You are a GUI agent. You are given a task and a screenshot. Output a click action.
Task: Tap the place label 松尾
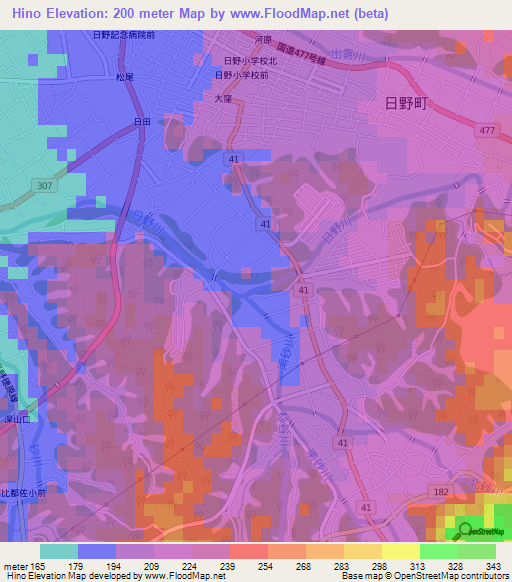[x=124, y=76]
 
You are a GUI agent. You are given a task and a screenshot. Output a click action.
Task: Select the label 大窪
[x=223, y=98]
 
